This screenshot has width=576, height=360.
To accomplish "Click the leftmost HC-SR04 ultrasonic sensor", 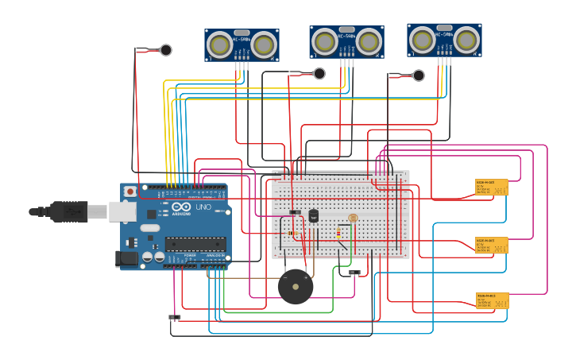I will point(242,45).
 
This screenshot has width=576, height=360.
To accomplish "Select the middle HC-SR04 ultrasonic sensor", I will point(346,41).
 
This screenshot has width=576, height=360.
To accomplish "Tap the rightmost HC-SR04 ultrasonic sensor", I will point(444,40).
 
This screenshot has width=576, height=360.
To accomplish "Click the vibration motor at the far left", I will point(165,50).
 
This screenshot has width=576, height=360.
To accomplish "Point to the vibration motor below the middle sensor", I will point(319,74).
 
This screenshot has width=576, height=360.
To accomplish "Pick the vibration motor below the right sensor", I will point(418,75).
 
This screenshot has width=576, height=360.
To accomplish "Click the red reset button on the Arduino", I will point(130,192).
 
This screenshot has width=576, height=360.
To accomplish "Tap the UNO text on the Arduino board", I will point(203,207).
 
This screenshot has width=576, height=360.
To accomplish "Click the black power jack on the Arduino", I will point(126,257).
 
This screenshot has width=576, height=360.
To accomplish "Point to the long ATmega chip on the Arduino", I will point(195,244).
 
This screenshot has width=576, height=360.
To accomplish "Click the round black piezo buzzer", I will point(296,287).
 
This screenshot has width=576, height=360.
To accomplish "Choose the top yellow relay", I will point(491,187).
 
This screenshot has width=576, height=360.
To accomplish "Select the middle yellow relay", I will point(491,245).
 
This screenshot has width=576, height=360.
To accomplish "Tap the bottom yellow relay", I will point(492,300).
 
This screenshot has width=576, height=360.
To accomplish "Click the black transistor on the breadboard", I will point(313,215).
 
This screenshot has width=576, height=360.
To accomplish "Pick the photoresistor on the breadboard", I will point(353,218).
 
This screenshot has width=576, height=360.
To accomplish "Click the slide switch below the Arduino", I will point(175,317).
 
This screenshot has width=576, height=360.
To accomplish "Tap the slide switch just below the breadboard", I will point(354,273).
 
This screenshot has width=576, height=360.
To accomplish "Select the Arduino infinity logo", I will point(181,208).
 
